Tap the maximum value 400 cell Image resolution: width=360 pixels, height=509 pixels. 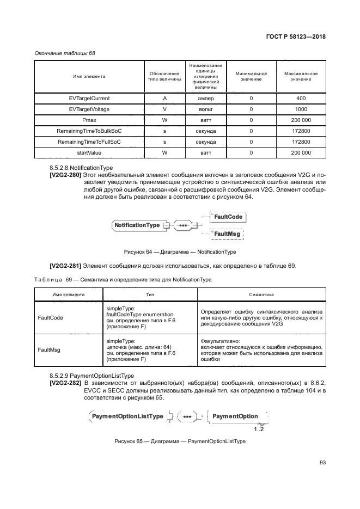point(301,99)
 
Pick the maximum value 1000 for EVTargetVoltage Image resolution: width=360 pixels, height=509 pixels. point(301,109)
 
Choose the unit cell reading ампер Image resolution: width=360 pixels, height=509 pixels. point(205,99)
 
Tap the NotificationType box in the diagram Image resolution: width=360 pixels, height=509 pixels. point(137,225)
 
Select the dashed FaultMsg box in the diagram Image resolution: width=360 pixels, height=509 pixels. point(227,234)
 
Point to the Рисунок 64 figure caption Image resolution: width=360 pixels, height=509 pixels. point(180,252)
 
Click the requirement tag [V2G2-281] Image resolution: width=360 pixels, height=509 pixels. point(65,266)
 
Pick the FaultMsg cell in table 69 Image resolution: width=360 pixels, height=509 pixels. point(48,351)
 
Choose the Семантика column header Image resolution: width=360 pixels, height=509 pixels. point(262,294)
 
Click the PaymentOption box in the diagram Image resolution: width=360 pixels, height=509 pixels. point(235,416)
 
